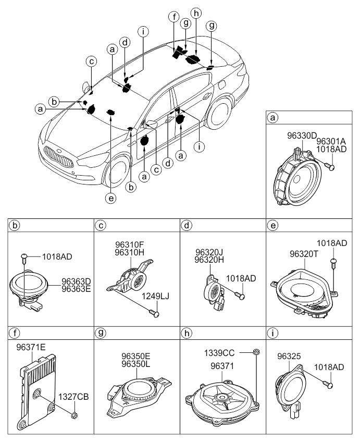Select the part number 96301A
(x=331, y=141)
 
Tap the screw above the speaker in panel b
(x=23, y=257)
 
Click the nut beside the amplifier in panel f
(x=75, y=415)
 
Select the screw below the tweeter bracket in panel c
(x=155, y=313)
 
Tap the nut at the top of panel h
(x=256, y=352)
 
